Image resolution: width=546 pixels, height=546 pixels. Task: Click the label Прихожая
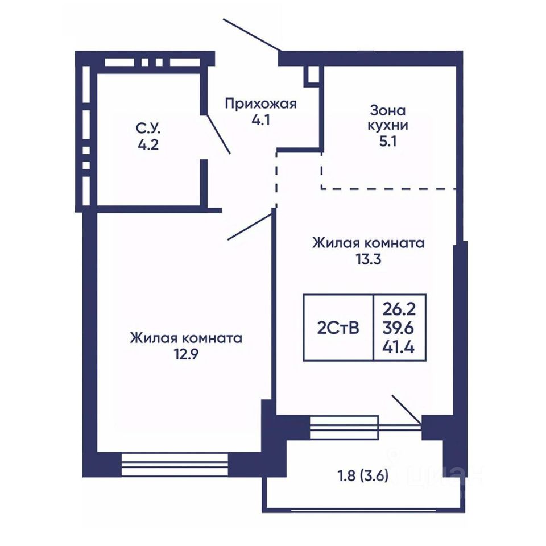click(x=260, y=104)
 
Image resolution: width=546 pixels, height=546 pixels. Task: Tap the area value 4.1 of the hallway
click(x=261, y=120)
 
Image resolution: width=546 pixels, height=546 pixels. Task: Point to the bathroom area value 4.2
click(x=148, y=144)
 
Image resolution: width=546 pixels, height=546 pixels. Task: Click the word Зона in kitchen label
click(x=387, y=111)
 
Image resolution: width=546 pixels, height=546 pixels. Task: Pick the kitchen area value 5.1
click(x=387, y=142)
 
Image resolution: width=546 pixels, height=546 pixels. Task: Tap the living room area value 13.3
click(x=369, y=259)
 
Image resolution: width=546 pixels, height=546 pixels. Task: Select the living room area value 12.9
click(x=186, y=354)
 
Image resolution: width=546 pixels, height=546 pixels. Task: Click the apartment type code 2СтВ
click(x=338, y=328)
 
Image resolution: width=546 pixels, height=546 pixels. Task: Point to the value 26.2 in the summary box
click(x=399, y=308)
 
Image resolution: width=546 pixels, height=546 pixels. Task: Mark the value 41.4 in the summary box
click(x=399, y=347)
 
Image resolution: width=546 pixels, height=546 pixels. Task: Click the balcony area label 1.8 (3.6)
click(x=363, y=475)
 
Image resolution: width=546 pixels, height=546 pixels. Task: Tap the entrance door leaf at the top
click(x=251, y=35)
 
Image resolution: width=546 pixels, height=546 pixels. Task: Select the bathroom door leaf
click(x=218, y=134)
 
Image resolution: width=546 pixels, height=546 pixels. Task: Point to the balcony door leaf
click(x=407, y=409)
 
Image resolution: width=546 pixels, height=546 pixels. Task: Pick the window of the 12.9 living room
click(x=175, y=465)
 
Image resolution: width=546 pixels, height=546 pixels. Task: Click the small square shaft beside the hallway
click(x=311, y=75)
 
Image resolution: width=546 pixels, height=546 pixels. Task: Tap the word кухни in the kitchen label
click(x=387, y=126)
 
